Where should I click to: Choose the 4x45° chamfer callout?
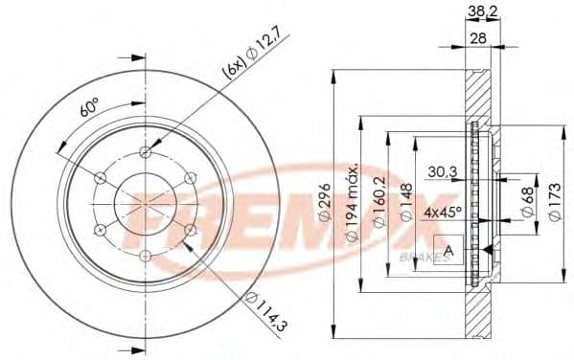click(444, 212)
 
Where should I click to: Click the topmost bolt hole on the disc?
click(146, 152)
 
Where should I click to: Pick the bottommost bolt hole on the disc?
click(146, 255)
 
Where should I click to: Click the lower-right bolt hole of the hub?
click(190, 230)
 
